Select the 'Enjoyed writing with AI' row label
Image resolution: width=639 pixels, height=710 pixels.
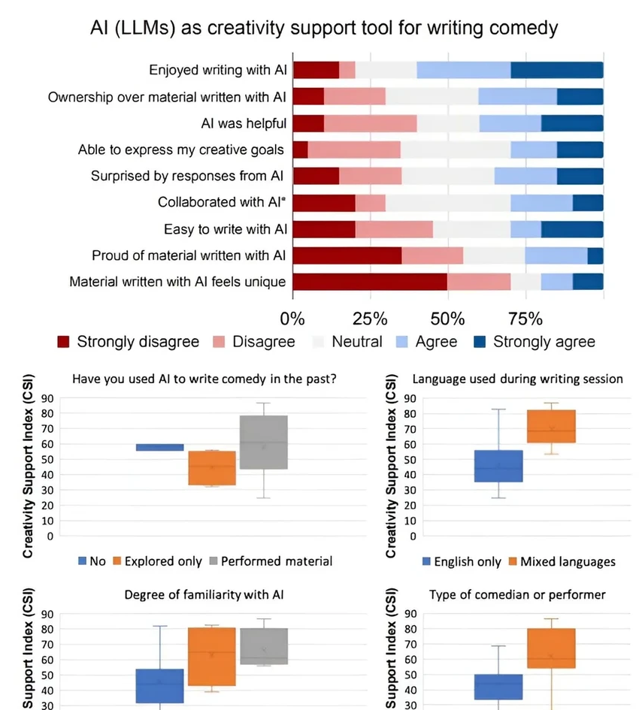pos(218,70)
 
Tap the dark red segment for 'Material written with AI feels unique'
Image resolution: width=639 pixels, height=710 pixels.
pos(369,282)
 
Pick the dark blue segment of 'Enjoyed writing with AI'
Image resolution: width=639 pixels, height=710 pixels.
pos(556,70)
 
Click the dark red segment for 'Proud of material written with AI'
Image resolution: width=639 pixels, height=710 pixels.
pos(347,255)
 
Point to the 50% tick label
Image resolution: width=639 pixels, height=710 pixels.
pos(448,319)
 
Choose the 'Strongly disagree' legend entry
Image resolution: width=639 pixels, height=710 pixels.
pos(129,343)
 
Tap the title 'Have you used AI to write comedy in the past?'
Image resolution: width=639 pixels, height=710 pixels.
pos(204,379)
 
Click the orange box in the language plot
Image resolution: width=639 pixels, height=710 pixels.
pos(551,426)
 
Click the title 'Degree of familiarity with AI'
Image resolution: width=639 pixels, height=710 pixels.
pos(204,595)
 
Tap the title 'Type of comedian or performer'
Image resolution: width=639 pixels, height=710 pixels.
pos(517,595)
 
